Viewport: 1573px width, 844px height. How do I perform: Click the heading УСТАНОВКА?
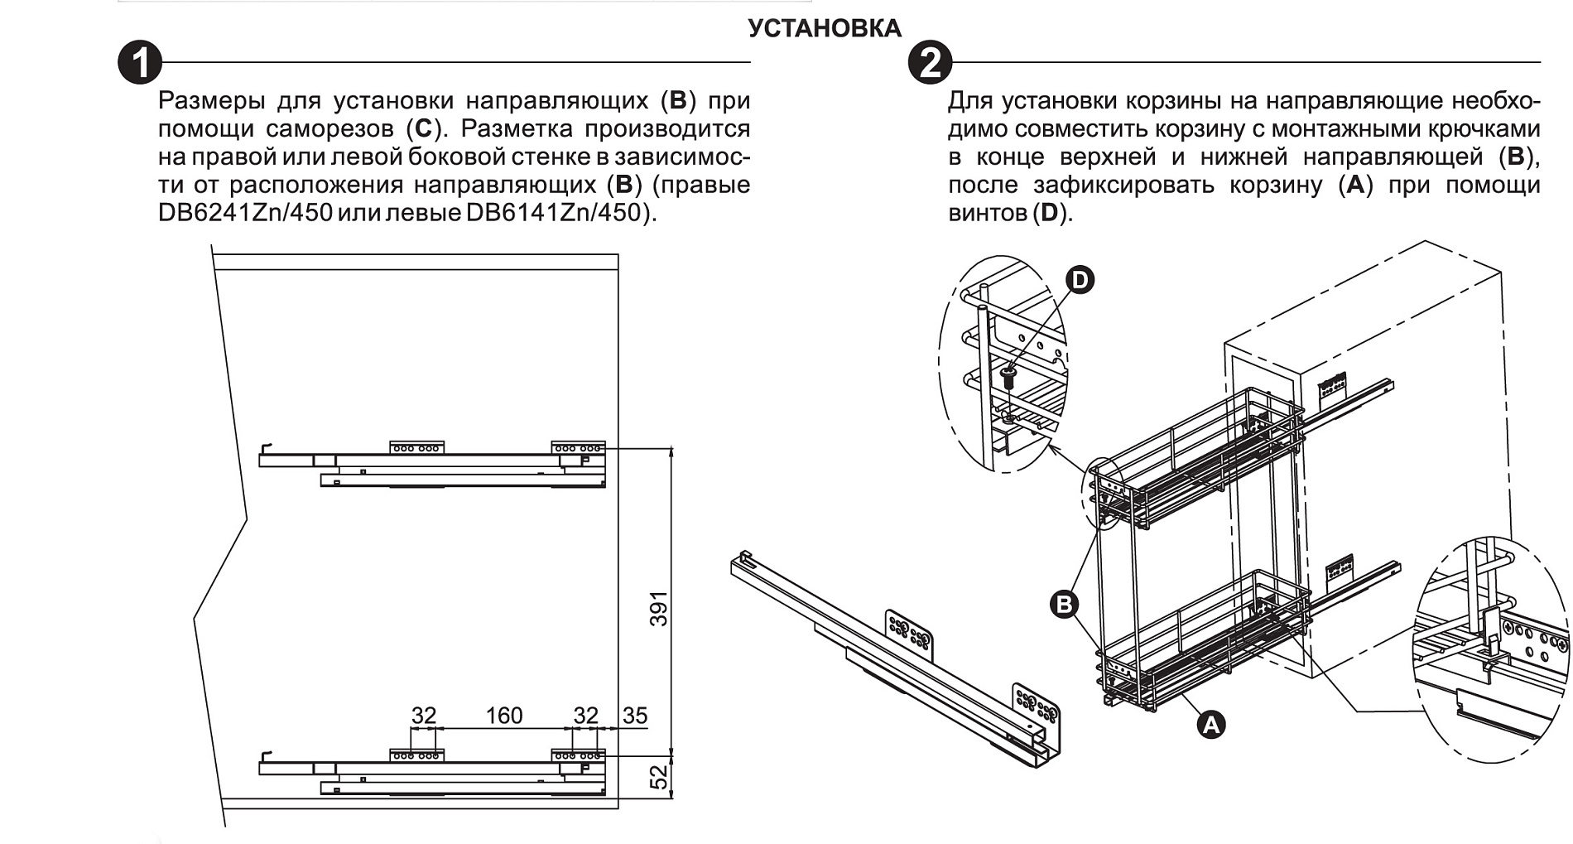(x=825, y=28)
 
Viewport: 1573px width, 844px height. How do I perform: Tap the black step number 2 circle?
(x=930, y=62)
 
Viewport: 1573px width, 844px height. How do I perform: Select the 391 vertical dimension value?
(x=658, y=608)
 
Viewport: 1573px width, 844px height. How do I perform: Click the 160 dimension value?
(x=503, y=716)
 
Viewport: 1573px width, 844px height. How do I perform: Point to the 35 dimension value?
(x=635, y=716)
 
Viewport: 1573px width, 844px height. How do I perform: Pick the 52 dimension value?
(x=658, y=777)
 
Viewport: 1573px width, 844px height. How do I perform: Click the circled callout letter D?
(x=1079, y=280)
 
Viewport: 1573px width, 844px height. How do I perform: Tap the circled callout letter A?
(x=1210, y=725)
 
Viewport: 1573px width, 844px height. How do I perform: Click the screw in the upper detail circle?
(x=1008, y=380)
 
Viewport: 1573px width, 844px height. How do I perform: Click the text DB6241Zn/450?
(x=245, y=213)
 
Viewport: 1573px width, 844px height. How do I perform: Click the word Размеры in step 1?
(x=212, y=101)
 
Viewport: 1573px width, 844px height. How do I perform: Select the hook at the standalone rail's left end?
(x=744, y=557)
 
